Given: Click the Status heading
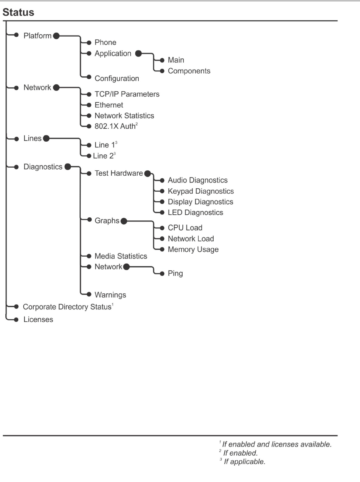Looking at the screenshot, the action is click(18, 12).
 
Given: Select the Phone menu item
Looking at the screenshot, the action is click(105, 42).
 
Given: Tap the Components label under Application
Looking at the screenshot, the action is click(189, 71).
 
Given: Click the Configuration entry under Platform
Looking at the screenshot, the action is click(117, 78).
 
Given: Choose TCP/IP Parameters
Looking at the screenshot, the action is click(127, 94).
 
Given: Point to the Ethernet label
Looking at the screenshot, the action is click(109, 105).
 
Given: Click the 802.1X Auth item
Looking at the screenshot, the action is click(116, 126).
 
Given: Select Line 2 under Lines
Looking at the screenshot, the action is click(104, 156).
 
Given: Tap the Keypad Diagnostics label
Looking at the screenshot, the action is click(201, 191).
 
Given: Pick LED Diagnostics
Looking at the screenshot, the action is click(196, 212).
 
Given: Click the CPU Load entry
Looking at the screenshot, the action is click(185, 228).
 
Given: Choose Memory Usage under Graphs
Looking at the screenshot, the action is click(193, 249).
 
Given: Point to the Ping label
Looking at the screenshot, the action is click(175, 273).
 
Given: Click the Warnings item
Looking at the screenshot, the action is click(110, 295).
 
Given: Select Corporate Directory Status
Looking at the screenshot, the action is click(68, 307).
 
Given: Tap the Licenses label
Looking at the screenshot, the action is click(38, 320).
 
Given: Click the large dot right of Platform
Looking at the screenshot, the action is click(57, 36).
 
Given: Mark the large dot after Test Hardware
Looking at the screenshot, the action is click(148, 173).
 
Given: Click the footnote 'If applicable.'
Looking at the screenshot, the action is click(243, 461).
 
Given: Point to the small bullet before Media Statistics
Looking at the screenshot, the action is click(89, 256).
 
